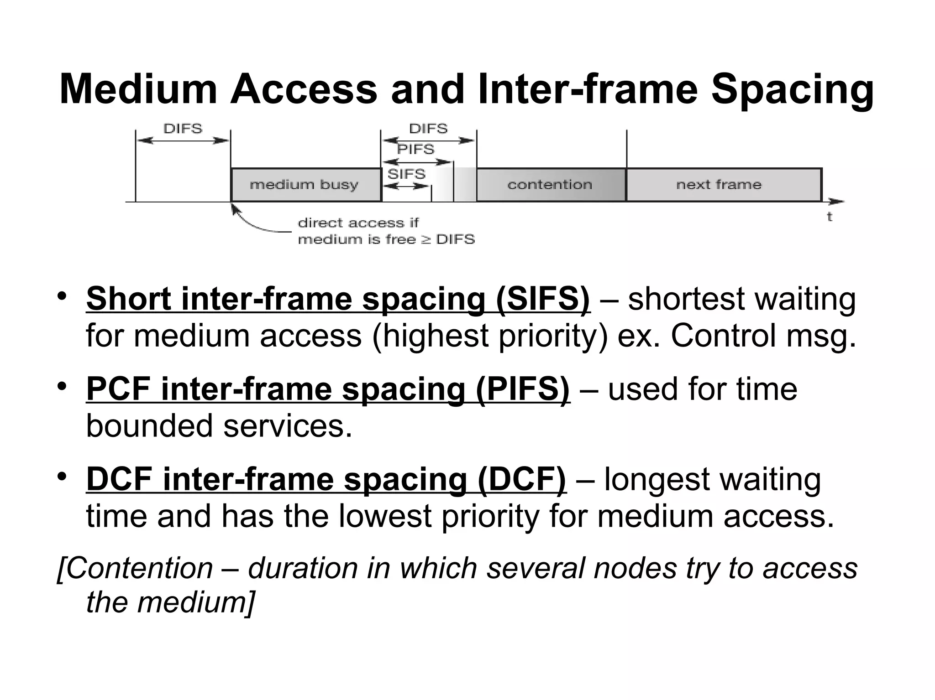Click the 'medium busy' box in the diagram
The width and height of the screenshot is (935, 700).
coord(305,185)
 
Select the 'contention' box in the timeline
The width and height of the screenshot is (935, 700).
coord(550,185)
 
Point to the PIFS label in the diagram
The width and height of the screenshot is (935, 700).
coord(415,149)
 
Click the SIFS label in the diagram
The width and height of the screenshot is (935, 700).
coord(406,174)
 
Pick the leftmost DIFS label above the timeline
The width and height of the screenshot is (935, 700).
coord(183,129)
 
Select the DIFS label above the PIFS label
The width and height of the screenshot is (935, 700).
coord(428,129)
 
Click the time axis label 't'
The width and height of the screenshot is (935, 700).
coord(830,217)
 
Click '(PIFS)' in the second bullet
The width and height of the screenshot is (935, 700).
coord(522,389)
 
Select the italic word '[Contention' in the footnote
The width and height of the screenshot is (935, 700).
coord(135,568)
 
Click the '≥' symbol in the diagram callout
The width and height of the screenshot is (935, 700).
coord(425,239)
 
